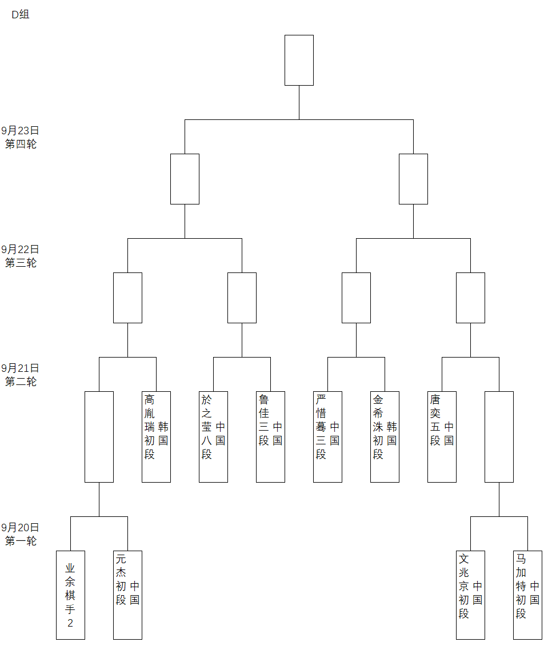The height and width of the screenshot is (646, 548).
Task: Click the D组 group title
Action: (21, 15)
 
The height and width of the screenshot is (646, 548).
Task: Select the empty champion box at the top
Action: (299, 60)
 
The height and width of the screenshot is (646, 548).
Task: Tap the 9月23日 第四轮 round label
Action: (21, 137)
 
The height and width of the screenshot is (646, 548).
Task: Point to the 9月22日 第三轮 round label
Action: (21, 256)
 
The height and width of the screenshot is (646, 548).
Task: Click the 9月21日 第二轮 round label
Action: (21, 375)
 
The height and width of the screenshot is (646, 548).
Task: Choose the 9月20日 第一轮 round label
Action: (21, 534)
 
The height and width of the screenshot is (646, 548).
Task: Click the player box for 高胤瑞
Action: (156, 436)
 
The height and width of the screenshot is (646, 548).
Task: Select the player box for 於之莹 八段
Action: (213, 436)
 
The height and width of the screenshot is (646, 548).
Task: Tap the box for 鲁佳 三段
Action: (270, 436)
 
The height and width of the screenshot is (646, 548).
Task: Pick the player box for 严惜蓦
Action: (327, 436)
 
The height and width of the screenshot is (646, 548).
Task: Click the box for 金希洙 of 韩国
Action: (385, 436)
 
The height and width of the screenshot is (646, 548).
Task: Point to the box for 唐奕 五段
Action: (442, 436)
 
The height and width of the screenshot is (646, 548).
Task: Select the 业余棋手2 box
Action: (70, 595)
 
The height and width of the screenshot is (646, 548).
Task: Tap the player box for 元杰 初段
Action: (127, 595)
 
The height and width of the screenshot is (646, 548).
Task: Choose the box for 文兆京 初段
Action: (470, 595)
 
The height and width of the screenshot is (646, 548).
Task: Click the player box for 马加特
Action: (527, 595)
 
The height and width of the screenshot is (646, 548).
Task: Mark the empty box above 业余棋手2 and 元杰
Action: (99, 436)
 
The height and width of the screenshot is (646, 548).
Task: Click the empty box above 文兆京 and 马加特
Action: (499, 436)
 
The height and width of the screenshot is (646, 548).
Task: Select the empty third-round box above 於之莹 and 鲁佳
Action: (242, 298)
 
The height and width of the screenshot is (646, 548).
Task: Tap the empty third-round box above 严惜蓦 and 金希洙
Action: (356, 298)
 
